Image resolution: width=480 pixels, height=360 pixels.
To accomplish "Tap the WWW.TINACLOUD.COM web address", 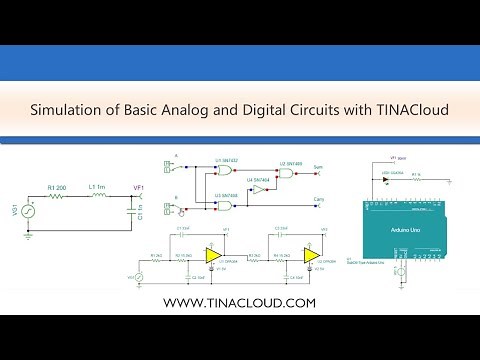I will [239, 301].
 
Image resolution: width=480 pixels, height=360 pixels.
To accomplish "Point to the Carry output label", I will [319, 199].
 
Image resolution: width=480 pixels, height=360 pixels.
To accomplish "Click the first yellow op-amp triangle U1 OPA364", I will [212, 256].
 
